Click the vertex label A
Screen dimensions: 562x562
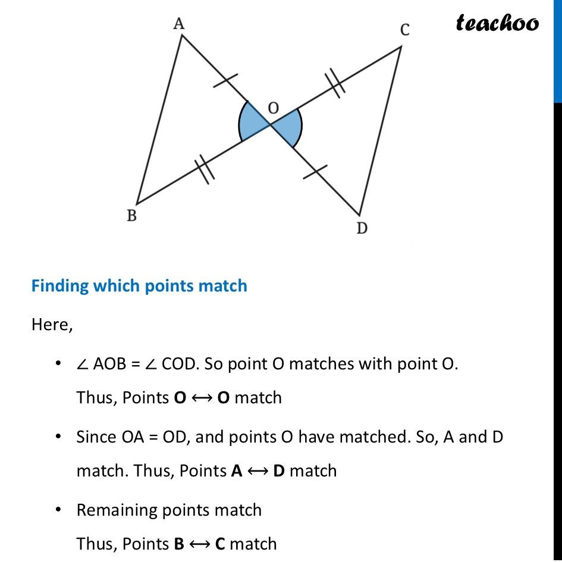click(x=177, y=24)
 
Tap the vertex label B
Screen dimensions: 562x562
click(x=131, y=216)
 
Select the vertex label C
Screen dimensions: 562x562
click(x=404, y=30)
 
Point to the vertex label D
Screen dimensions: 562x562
click(x=362, y=228)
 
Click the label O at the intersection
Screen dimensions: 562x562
click(x=273, y=108)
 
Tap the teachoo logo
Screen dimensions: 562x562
click(x=497, y=23)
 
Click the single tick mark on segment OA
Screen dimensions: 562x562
click(x=225, y=82)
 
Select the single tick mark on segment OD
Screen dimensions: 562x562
click(x=315, y=172)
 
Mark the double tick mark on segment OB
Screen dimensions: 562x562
click(x=203, y=169)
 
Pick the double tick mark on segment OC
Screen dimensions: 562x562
click(x=335, y=83)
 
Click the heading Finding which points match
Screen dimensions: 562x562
click(x=139, y=286)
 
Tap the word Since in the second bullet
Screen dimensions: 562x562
click(x=97, y=437)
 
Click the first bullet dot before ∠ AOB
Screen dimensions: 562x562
click(x=58, y=363)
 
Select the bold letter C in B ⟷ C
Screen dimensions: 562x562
click(x=219, y=544)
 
